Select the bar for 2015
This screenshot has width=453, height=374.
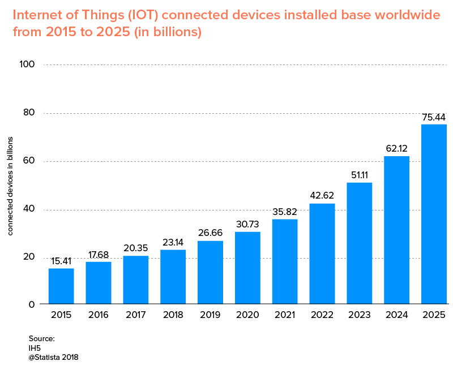pos(61,286)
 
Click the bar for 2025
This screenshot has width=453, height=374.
pos(434,214)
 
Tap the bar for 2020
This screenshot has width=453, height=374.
pos(247,268)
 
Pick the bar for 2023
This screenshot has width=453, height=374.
pos(359,243)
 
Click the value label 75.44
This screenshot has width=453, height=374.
pos(434,117)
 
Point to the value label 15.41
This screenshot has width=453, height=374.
pos(61,261)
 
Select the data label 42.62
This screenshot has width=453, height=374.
pos(322,196)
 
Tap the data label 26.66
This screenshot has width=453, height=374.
pos(210,234)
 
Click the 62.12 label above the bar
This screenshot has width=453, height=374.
pos(396,149)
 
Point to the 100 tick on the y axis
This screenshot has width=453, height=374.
pos(27,65)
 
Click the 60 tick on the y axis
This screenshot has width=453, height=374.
pos(29,161)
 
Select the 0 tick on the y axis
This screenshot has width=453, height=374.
pos(32,304)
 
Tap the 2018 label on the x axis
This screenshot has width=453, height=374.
pos(173,315)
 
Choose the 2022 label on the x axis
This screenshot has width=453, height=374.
pos(322,315)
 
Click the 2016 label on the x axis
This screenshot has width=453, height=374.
pos(99,315)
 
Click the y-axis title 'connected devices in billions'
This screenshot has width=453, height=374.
pos(10,186)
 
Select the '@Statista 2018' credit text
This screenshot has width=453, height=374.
pos(53,357)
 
